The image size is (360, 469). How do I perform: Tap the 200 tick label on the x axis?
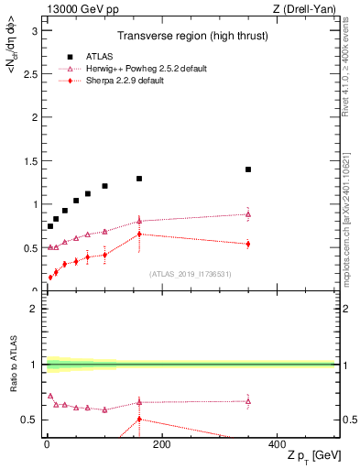click(x=161, y=444)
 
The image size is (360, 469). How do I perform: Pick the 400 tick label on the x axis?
click(x=277, y=444)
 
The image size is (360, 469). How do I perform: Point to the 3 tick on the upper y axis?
click(x=35, y=30)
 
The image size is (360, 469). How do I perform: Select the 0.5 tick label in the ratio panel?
click(x=31, y=420)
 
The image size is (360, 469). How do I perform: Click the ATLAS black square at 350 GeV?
click(x=248, y=169)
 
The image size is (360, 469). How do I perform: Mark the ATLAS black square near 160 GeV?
click(x=139, y=179)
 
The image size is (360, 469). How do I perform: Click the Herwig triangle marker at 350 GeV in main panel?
click(x=248, y=214)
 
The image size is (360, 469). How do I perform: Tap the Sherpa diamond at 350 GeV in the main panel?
click(x=248, y=244)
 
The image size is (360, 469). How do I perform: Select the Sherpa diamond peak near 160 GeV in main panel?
click(x=139, y=234)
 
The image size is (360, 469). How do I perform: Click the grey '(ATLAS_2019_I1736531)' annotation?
click(x=190, y=273)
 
